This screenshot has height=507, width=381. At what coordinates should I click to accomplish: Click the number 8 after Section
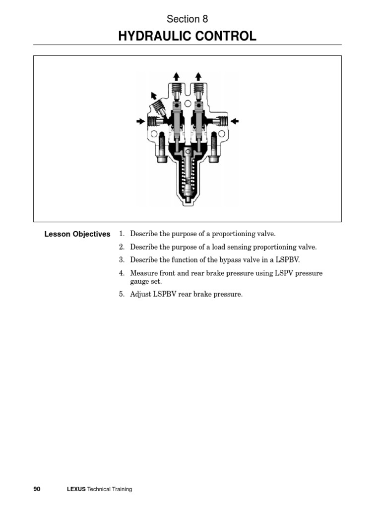pos(205,19)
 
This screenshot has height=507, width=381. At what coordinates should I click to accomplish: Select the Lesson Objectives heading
pos(77,234)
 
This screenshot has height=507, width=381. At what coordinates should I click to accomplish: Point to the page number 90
pos(37,489)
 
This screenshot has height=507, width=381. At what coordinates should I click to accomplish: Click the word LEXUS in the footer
pos(76,489)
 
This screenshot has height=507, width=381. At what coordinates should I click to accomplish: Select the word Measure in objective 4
pos(144,273)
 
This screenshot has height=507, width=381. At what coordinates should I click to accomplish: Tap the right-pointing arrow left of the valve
pos(141,120)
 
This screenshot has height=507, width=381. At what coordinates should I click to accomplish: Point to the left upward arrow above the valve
pos(177,76)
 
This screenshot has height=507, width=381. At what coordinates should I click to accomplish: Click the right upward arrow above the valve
pos(198,76)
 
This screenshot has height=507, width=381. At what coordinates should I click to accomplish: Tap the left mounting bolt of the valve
pos(162,149)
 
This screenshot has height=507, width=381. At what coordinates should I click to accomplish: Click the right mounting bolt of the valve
pos(214,149)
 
